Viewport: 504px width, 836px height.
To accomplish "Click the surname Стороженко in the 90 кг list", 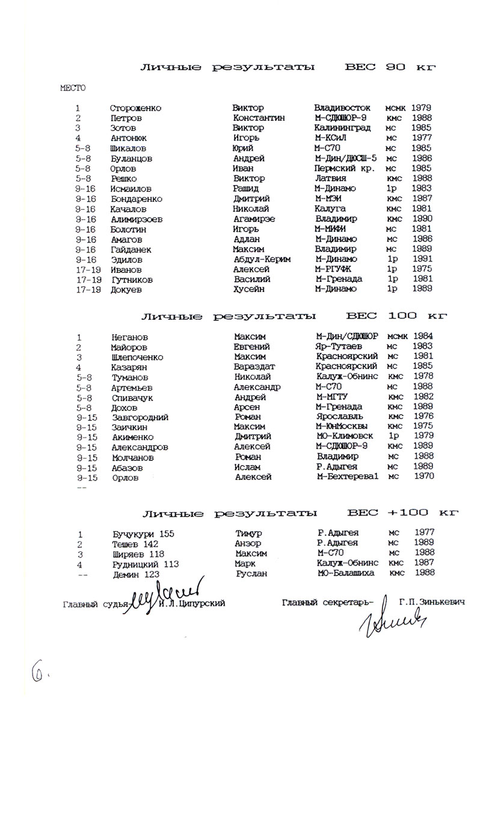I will pyautogui.click(x=135, y=108).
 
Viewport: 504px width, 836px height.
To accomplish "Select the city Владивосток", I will pyautogui.click(x=342, y=108).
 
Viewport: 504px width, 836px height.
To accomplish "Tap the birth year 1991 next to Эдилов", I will pyautogui.click(x=422, y=259).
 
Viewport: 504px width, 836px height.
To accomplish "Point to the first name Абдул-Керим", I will pyautogui.click(x=261, y=259).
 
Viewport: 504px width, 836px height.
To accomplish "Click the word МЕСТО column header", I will pyautogui.click(x=73, y=88).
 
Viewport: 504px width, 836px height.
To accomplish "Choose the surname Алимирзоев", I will pyautogui.click(x=137, y=219).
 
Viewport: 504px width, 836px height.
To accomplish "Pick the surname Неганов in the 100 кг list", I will pyautogui.click(x=129, y=337).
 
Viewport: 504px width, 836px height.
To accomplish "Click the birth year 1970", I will pyautogui.click(x=424, y=476).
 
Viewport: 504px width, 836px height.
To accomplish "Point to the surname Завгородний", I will pyautogui.click(x=140, y=417).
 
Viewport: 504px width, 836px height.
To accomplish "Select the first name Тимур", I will pyautogui.click(x=248, y=533).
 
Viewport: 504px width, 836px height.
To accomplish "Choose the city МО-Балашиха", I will pyautogui.click(x=346, y=573).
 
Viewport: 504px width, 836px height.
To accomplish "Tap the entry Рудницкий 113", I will pyautogui.click(x=146, y=564).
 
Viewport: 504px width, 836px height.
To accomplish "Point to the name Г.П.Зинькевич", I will pyautogui.click(x=431, y=602).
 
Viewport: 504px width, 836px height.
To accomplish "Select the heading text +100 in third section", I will pyautogui.click(x=408, y=513).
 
